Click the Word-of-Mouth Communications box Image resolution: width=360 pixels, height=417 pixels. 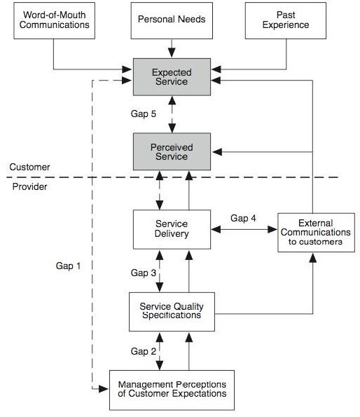[x=54, y=21]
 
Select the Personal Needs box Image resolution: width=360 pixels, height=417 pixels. [x=172, y=21]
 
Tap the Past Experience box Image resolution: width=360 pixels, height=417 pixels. [x=286, y=21]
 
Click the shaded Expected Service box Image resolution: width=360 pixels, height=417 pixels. [x=172, y=77]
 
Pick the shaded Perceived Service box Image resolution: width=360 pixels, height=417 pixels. [x=172, y=151]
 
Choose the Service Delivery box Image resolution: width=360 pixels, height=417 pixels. [x=172, y=229]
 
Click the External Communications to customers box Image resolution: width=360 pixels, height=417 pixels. [x=316, y=233]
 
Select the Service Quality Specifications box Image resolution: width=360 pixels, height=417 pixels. [x=172, y=312]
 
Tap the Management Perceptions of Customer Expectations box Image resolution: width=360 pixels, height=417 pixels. [x=172, y=390]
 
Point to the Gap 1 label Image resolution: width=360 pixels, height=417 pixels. [x=68, y=266]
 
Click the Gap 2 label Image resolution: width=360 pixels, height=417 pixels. [x=144, y=351]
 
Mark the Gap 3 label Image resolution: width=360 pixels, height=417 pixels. [x=144, y=273]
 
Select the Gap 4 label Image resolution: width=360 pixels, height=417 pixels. [x=243, y=218]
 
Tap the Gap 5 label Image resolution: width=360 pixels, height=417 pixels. [x=144, y=114]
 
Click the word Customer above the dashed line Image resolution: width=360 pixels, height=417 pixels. [x=29, y=167]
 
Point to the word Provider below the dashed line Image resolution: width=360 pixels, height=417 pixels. [x=29, y=186]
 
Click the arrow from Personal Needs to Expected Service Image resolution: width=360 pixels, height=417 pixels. [x=172, y=48]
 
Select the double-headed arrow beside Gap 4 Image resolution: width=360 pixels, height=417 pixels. [x=244, y=229]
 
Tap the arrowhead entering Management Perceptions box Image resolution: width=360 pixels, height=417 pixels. [x=104, y=389]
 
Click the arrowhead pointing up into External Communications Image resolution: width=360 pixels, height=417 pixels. [x=313, y=258]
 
